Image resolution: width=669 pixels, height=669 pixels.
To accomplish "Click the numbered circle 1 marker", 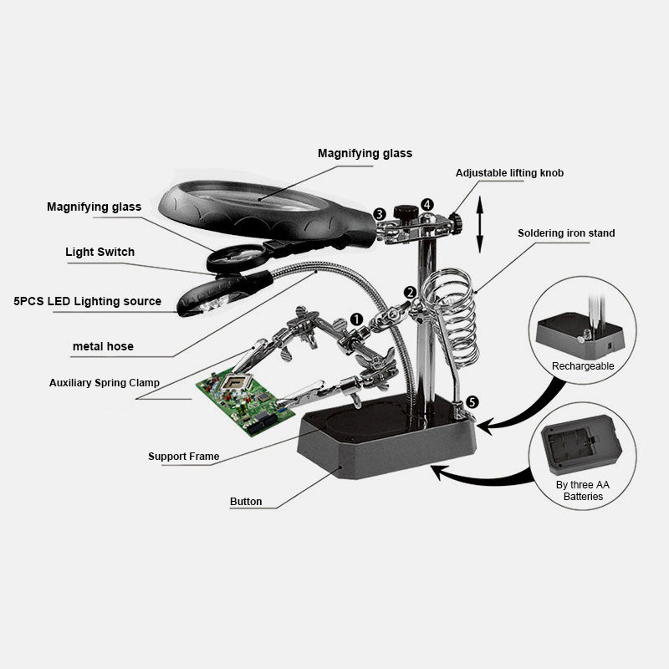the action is [356, 319].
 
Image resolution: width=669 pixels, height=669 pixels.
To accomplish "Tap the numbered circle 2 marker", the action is [410, 293].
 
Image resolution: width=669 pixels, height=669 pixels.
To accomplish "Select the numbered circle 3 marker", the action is [380, 214].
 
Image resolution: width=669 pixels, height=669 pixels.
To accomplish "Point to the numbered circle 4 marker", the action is [427, 205].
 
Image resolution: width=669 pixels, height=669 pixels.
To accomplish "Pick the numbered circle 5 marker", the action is [472, 402].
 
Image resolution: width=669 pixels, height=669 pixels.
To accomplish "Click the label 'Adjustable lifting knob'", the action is [509, 173].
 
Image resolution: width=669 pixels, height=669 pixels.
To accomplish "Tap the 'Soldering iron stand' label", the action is [566, 233].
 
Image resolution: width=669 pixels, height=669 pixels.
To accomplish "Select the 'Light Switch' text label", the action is [100, 252].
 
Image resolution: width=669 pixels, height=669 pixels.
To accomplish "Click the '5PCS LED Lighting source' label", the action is [88, 301].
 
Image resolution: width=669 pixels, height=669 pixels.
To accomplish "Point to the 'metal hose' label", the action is [103, 346].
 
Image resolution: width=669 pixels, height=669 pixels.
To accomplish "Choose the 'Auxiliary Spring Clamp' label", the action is [104, 383].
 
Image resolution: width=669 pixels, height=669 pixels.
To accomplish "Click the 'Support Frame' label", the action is [183, 456].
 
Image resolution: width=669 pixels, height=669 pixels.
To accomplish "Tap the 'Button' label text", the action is [246, 501].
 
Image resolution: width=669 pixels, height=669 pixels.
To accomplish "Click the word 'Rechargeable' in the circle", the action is [583, 366].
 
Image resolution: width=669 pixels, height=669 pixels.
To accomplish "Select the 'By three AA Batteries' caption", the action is [583, 491].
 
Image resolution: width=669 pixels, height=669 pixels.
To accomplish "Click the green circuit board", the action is [245, 402].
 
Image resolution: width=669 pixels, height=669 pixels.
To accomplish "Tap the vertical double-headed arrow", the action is [480, 224].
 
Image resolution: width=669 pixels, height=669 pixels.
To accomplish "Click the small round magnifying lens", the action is [236, 258].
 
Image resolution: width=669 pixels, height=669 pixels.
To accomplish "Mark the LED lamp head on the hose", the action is [224, 294].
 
